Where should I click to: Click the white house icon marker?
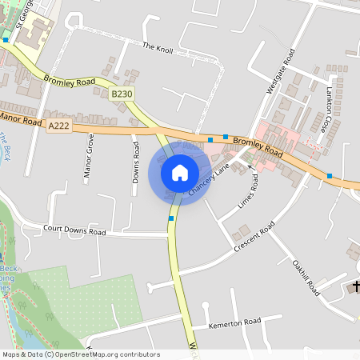(180, 172)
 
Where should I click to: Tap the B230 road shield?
(122, 94)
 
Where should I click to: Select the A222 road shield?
(58, 126)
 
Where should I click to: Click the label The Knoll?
(158, 47)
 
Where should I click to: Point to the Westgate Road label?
(281, 70)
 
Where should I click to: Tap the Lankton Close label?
(326, 111)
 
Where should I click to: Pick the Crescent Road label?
(254, 238)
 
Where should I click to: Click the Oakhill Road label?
(306, 277)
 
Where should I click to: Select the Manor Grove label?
(89, 156)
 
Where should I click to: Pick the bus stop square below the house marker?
(171, 218)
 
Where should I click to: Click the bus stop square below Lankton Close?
(330, 175)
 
